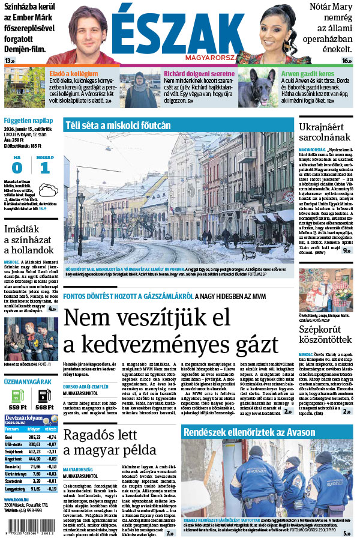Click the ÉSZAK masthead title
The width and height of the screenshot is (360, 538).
tap(173, 29)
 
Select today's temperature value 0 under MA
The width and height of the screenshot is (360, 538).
tap(17, 168)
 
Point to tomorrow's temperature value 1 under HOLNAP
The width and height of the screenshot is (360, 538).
tap(45, 168)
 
